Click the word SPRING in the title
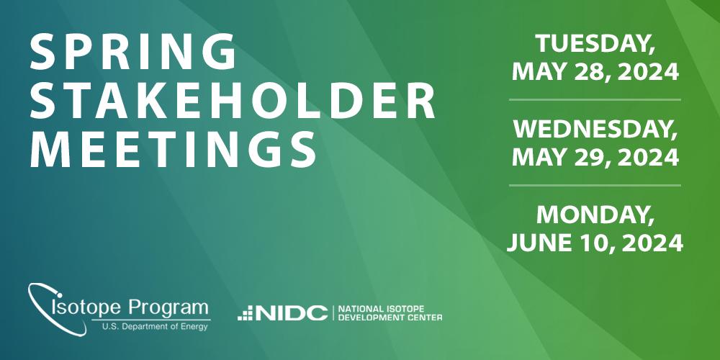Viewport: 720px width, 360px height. click(133, 52)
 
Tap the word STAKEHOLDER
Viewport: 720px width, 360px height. click(233, 101)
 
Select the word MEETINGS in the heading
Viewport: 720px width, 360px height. click(173, 150)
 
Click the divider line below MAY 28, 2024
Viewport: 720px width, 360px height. click(595, 99)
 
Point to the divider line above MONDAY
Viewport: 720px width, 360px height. click(595, 186)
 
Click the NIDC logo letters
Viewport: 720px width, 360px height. click(292, 313)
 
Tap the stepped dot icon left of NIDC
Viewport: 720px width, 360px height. click(246, 313)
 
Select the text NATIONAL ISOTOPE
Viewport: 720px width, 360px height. click(381, 309)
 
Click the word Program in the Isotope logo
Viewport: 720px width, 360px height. click(168, 307)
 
